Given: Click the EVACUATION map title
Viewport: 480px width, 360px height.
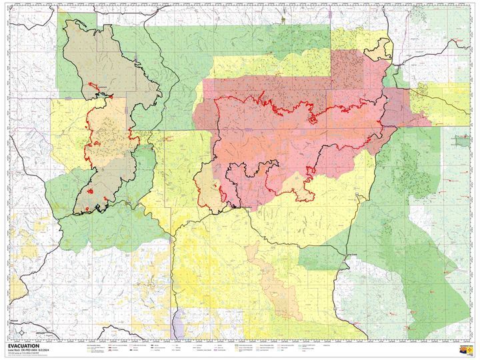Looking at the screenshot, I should point(23,346).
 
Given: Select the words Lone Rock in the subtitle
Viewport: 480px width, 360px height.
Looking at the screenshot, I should point(14,351).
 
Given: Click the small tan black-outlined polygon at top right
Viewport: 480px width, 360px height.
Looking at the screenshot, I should point(381,47).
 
